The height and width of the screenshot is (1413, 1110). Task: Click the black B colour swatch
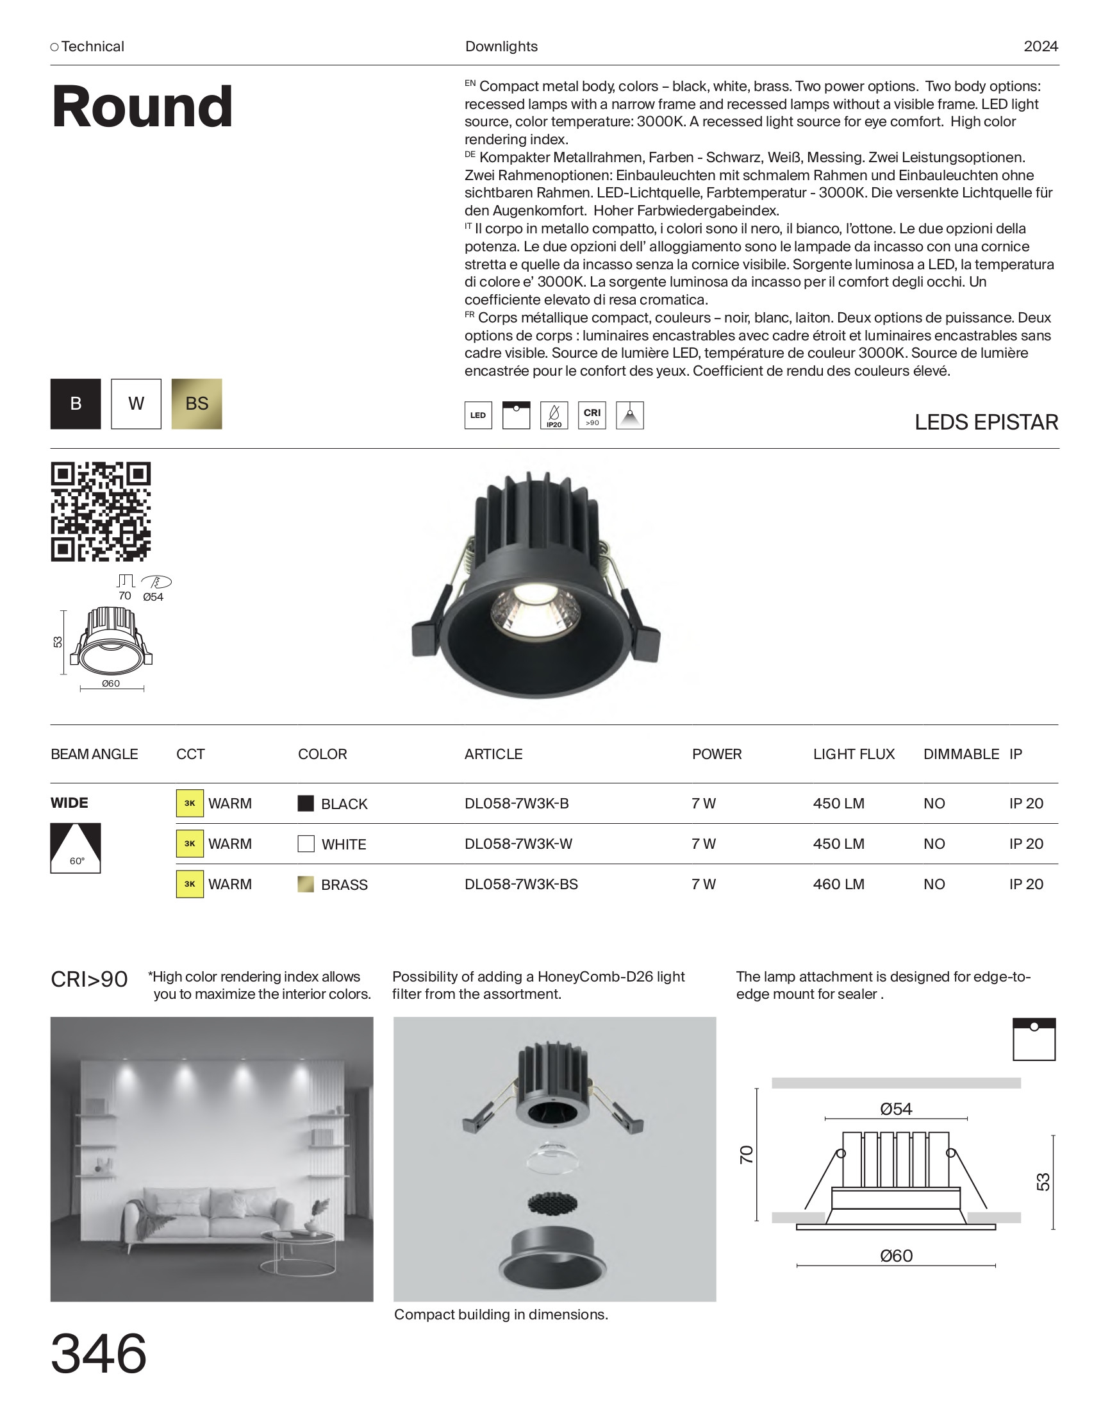pyautogui.click(x=76, y=404)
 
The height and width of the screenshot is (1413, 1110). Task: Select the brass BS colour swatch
pyautogui.click(x=196, y=404)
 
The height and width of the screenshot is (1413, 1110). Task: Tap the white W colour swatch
pyautogui.click(x=136, y=404)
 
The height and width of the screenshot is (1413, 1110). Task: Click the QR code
pyautogui.click(x=101, y=512)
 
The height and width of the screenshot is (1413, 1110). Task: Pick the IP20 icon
pyautogui.click(x=554, y=415)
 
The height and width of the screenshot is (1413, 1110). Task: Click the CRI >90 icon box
pyautogui.click(x=592, y=415)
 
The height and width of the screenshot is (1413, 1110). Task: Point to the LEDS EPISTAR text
pyautogui.click(x=986, y=422)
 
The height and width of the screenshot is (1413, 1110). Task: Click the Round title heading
pyautogui.click(x=142, y=106)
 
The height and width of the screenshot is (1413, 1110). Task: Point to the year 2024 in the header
pyautogui.click(x=1040, y=47)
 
